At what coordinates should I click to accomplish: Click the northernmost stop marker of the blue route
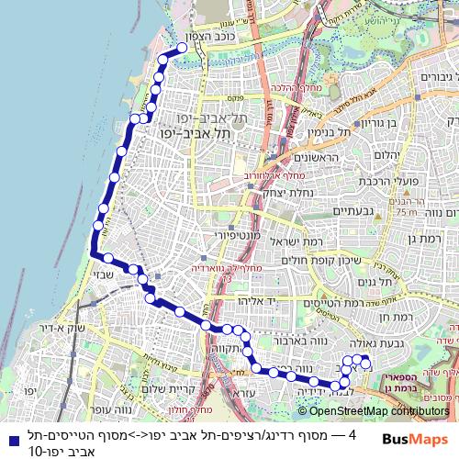[x=182, y=48]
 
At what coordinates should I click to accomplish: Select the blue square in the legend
[x=10, y=440]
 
